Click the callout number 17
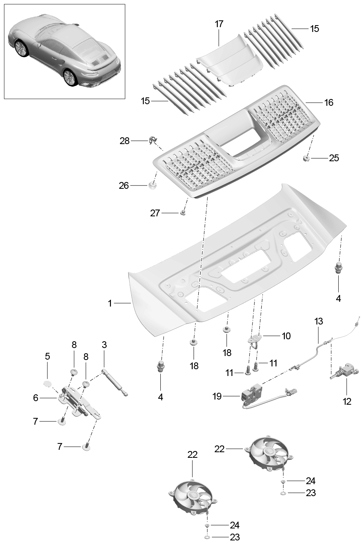point(219,24)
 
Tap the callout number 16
point(329,103)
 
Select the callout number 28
point(124,141)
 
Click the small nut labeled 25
point(306,158)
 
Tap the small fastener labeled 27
point(183,212)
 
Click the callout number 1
point(110,303)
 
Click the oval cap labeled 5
point(47,383)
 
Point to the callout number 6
point(36,398)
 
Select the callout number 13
point(318,321)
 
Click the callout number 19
point(217,396)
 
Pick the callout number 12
point(347,402)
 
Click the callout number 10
point(286,336)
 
